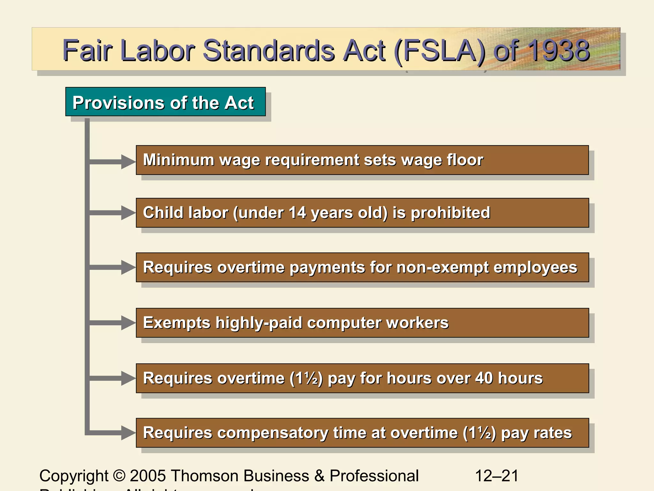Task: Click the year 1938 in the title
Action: tap(558, 51)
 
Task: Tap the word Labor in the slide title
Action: tap(158, 51)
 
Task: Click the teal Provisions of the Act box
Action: tap(165, 102)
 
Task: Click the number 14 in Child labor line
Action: tap(297, 213)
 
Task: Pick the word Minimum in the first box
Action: tap(179, 160)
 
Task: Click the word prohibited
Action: tap(450, 213)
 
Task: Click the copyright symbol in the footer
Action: tap(119, 476)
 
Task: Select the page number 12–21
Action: tap(497, 476)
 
